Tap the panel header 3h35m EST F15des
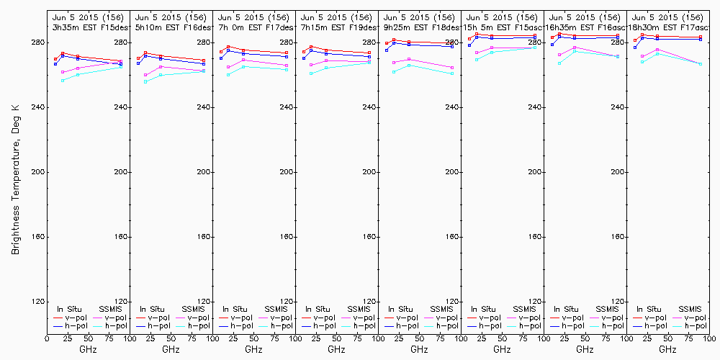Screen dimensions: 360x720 coord(89,27)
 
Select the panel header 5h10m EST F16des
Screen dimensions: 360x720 coord(171,27)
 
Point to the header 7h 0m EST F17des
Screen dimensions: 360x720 coord(254,27)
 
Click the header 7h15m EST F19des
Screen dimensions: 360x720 coord(337,27)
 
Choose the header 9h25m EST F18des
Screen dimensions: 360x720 coord(420,27)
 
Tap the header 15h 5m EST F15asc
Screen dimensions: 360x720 coord(503,27)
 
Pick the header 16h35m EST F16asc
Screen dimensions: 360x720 coord(585,27)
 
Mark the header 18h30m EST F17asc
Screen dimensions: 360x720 coord(668,27)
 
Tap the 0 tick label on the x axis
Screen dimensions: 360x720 coord(48,336)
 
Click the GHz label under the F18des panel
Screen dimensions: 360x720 coord(419,350)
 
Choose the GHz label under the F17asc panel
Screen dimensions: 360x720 coord(667,350)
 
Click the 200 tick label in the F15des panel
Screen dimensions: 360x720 coord(122,172)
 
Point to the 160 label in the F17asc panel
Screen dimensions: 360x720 coord(701,237)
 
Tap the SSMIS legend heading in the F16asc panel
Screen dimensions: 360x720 coord(607,309)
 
